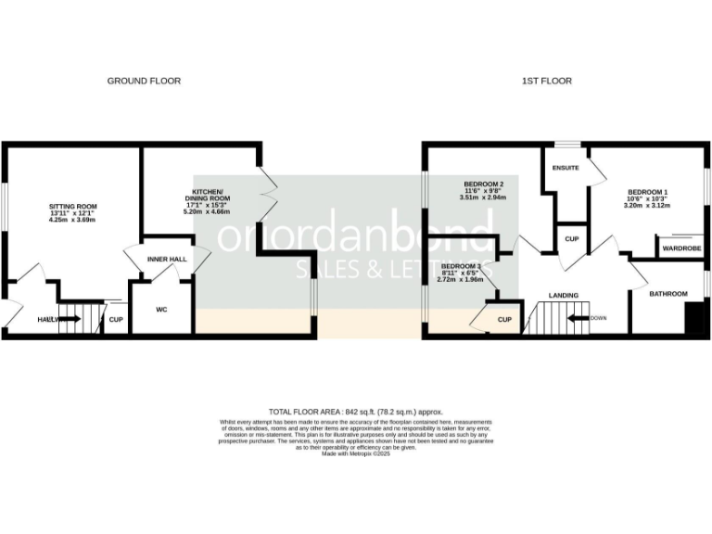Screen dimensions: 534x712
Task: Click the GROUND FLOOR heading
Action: coord(144,82)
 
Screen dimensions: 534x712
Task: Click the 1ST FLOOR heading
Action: coord(546,82)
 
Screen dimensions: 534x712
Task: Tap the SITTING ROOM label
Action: coord(72,206)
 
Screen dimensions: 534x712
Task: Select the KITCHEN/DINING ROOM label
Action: coord(205,195)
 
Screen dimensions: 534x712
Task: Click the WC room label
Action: coord(160,310)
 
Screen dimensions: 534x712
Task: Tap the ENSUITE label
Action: coord(566,168)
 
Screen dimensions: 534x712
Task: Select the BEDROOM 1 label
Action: coord(647,192)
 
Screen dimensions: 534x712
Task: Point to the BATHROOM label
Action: coord(667,294)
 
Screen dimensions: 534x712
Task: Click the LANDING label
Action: coord(563,296)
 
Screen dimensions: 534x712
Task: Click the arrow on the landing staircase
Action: coord(577,318)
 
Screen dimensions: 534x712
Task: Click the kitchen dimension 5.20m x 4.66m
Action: coord(205,211)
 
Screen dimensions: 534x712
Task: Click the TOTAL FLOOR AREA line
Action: coord(356,411)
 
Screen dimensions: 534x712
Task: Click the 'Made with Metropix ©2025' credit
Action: coord(356,454)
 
